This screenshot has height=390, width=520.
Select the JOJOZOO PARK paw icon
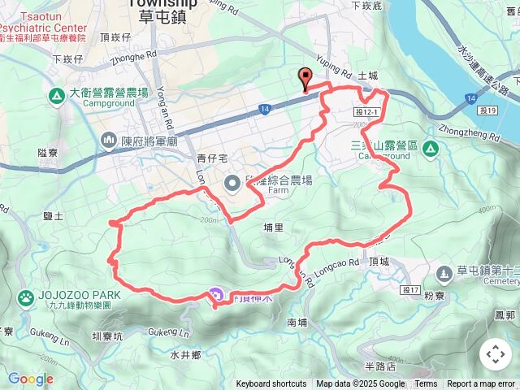pyautogui.click(x=26, y=298)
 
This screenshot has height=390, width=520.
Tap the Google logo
pyautogui.click(x=31, y=379)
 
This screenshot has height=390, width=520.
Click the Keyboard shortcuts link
pyautogui.click(x=271, y=384)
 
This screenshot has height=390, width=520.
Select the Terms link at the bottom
pyautogui.click(x=426, y=384)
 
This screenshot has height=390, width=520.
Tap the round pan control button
pyautogui.click(x=495, y=354)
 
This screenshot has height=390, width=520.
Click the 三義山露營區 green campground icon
pyautogui.click(x=431, y=149)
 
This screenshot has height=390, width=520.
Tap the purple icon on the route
pyautogui.click(x=216, y=297)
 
